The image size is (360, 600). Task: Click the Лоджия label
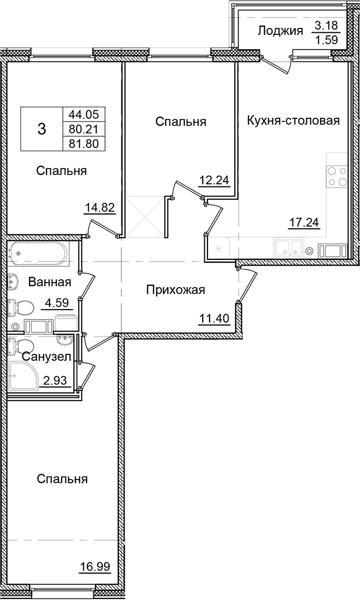tap(280, 31)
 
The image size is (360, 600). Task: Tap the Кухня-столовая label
tap(292, 120)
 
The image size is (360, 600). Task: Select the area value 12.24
tap(214, 181)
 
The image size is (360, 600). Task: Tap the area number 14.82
tap(100, 207)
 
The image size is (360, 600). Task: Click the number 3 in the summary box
tap(42, 128)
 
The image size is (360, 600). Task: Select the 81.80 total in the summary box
tap(84, 143)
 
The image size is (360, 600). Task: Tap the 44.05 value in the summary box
tap(84, 113)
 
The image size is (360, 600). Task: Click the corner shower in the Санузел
tap(23, 375)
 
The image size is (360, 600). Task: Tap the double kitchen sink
tap(287, 248)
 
